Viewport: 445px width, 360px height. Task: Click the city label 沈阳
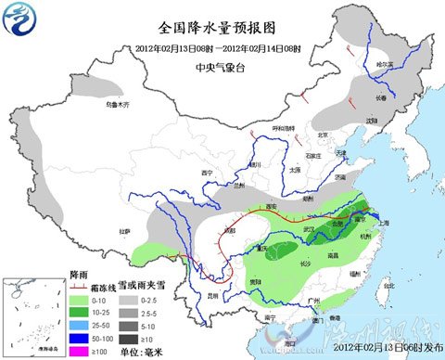[370, 120]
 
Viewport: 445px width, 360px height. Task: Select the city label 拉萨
[123, 231]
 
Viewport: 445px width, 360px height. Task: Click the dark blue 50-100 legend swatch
[78, 340]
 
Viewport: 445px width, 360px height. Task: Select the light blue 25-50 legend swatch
[78, 327]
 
